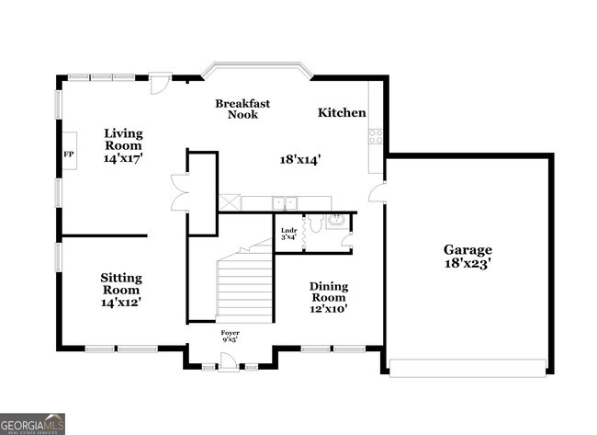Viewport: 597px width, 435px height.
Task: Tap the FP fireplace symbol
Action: point(68,154)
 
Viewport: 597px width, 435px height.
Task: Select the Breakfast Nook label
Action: point(242,109)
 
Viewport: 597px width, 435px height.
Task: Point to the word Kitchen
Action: point(342,113)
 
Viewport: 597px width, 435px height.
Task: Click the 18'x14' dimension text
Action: point(300,159)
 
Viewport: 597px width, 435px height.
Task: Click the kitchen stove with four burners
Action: point(375,137)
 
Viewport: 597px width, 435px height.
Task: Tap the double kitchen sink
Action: point(286,202)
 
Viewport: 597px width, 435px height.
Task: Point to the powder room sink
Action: point(335,220)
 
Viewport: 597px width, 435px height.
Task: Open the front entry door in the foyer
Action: point(230,365)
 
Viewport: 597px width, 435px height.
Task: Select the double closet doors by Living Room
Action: point(178,198)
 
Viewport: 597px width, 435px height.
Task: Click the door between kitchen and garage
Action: point(377,194)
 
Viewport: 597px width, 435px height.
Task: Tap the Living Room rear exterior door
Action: point(161,82)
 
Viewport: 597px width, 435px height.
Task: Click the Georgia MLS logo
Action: point(33,423)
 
